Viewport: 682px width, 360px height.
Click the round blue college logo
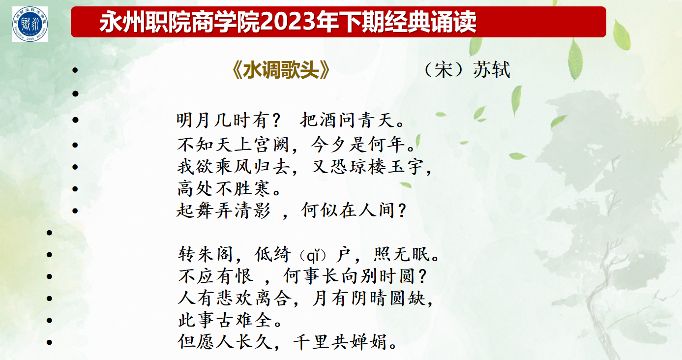[30, 24]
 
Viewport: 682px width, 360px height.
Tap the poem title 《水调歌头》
[280, 70]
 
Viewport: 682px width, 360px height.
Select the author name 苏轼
[491, 70]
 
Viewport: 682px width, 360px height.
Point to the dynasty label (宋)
[444, 70]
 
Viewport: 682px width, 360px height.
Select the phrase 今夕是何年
[358, 145]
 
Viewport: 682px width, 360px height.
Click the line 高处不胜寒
[224, 188]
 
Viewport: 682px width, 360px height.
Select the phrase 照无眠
[402, 254]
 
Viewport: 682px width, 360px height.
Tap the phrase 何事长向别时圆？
[355, 276]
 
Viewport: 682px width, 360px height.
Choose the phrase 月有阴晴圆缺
[368, 298]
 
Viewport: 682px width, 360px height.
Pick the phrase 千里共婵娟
[339, 342]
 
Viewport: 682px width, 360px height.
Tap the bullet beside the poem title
[75, 70]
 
